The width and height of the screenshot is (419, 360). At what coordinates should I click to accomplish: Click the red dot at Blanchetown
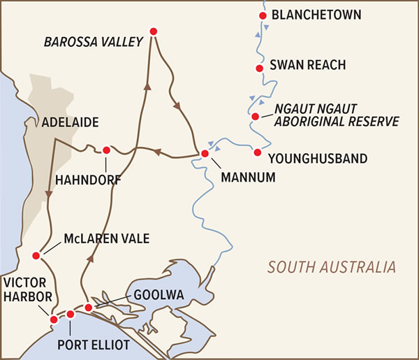(263, 15)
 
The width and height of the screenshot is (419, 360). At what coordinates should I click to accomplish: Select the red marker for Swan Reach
(258, 68)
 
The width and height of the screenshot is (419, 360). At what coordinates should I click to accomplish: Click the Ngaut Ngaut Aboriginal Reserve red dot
(256, 116)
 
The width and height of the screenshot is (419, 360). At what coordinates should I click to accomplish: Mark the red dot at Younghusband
(258, 152)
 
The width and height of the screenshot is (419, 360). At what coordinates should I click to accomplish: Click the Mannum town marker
(205, 154)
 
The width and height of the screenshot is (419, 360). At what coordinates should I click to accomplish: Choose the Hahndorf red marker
(106, 150)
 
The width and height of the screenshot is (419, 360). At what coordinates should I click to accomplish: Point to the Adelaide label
(69, 122)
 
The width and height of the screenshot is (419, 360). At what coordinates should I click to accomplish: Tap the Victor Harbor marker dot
(54, 319)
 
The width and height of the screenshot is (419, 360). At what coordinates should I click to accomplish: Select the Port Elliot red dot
(71, 315)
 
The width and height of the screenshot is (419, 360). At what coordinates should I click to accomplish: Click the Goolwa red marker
(89, 308)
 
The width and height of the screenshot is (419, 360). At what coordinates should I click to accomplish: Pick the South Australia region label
(332, 267)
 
